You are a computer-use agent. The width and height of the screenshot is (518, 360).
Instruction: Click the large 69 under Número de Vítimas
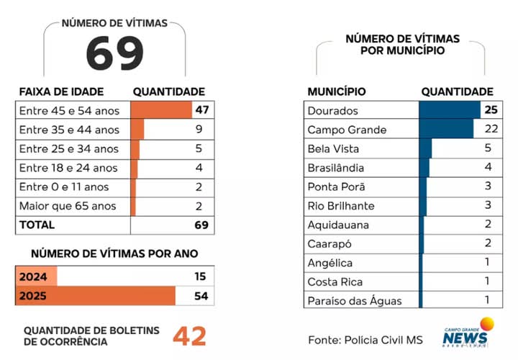tap(114, 53)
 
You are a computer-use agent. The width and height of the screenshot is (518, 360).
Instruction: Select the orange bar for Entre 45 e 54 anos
tap(161, 110)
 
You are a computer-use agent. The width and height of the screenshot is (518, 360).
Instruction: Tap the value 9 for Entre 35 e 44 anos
tap(199, 129)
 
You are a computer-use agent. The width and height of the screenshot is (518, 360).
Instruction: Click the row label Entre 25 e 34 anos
tap(69, 149)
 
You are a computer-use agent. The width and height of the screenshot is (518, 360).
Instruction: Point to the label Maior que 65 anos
tap(68, 206)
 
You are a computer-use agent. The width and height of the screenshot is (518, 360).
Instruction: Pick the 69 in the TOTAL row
tap(201, 225)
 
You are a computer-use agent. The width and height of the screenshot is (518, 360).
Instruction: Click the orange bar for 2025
tap(96, 296)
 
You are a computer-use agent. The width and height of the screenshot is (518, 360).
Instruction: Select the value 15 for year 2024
tap(200, 276)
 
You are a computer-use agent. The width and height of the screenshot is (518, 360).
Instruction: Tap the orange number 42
tap(189, 336)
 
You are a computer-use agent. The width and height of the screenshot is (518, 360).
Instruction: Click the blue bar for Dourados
tap(450, 110)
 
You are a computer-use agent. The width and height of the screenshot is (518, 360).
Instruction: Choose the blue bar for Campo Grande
tap(446, 129)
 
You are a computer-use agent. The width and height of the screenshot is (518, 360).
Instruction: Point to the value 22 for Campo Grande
tap(491, 129)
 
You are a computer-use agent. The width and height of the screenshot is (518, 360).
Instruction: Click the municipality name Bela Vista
tap(333, 149)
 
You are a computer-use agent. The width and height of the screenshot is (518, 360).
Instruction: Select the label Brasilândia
tap(336, 168)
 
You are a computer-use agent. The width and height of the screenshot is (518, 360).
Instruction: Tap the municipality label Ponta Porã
tap(336, 186)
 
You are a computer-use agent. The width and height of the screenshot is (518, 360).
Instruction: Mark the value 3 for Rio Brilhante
tap(488, 205)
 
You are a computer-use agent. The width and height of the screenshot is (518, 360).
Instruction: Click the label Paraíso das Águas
tap(355, 301)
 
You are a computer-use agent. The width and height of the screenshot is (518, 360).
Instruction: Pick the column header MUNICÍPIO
tap(337, 91)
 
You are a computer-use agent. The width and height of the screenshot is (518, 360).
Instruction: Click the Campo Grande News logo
tap(468, 333)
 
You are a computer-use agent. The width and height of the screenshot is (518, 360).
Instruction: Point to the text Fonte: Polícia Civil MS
tap(365, 340)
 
